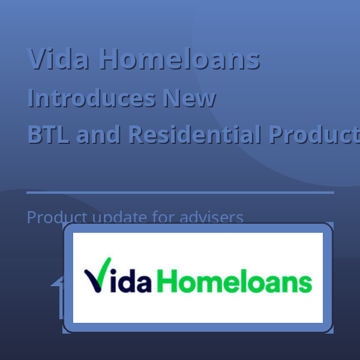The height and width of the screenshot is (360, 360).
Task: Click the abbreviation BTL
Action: [x=49, y=135]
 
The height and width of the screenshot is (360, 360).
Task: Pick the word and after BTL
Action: [x=99, y=135]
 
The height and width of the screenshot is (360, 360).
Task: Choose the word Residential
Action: [x=194, y=135]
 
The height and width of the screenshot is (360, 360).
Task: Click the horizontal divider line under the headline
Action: [x=180, y=193]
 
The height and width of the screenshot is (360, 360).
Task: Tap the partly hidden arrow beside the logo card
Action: [x=58, y=297]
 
